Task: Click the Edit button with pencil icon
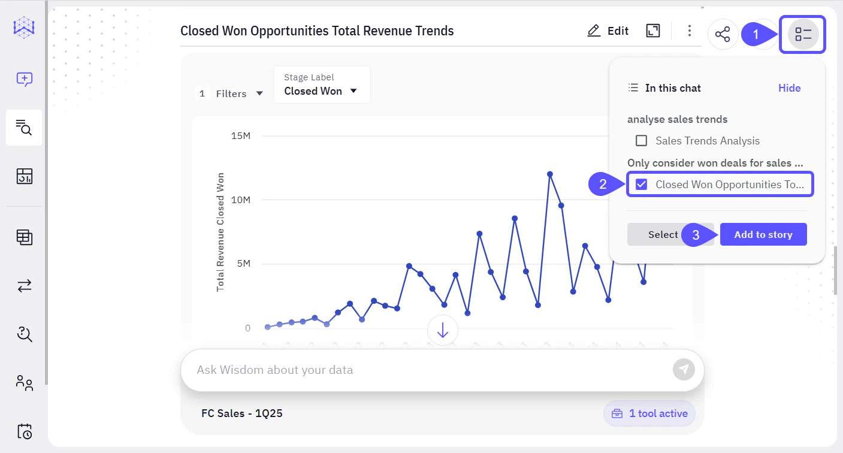608,31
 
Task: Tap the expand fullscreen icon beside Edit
653,31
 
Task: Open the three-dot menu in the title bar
690,31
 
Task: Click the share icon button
723,34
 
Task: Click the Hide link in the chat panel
789,88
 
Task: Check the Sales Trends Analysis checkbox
641,141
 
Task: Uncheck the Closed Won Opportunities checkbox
641,185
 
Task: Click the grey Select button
663,235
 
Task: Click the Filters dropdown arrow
259,93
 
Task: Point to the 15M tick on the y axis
240,136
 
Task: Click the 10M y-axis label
240,200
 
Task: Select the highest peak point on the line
549,174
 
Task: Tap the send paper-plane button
684,369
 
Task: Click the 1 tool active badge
649,413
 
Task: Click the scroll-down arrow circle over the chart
443,330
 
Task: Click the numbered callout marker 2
603,185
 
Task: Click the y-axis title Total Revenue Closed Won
220,232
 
